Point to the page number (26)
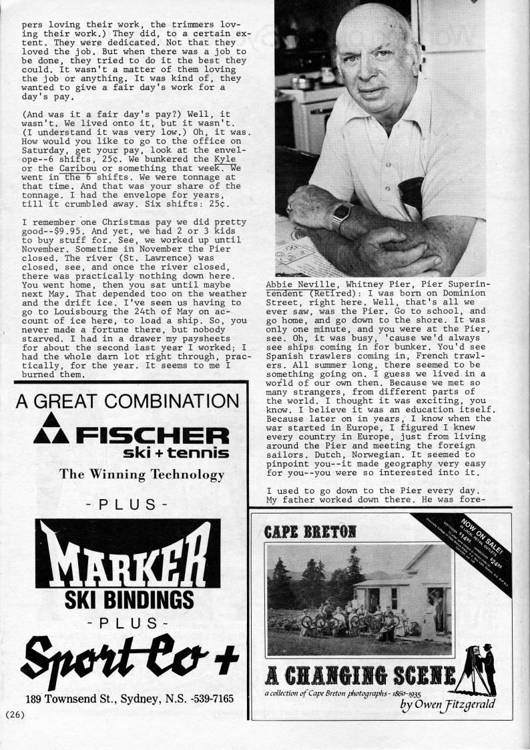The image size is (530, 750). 15,715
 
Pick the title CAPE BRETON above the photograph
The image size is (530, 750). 310,532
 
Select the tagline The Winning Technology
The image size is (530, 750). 142,474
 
